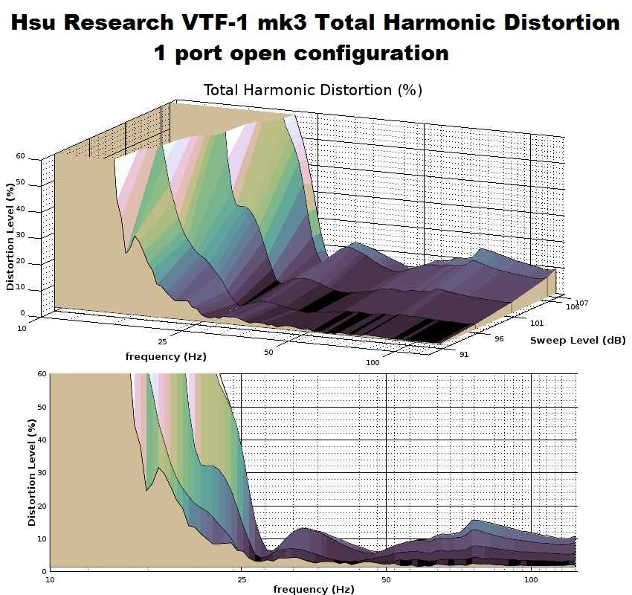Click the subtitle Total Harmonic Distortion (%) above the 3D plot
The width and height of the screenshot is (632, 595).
point(312,90)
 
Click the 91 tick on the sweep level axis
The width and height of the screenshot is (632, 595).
point(464,354)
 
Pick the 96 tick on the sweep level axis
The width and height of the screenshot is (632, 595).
point(499,338)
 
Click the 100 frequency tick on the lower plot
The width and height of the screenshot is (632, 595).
point(531,578)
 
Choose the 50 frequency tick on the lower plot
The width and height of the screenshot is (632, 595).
point(386,578)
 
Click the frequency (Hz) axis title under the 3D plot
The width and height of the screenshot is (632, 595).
point(166,357)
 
